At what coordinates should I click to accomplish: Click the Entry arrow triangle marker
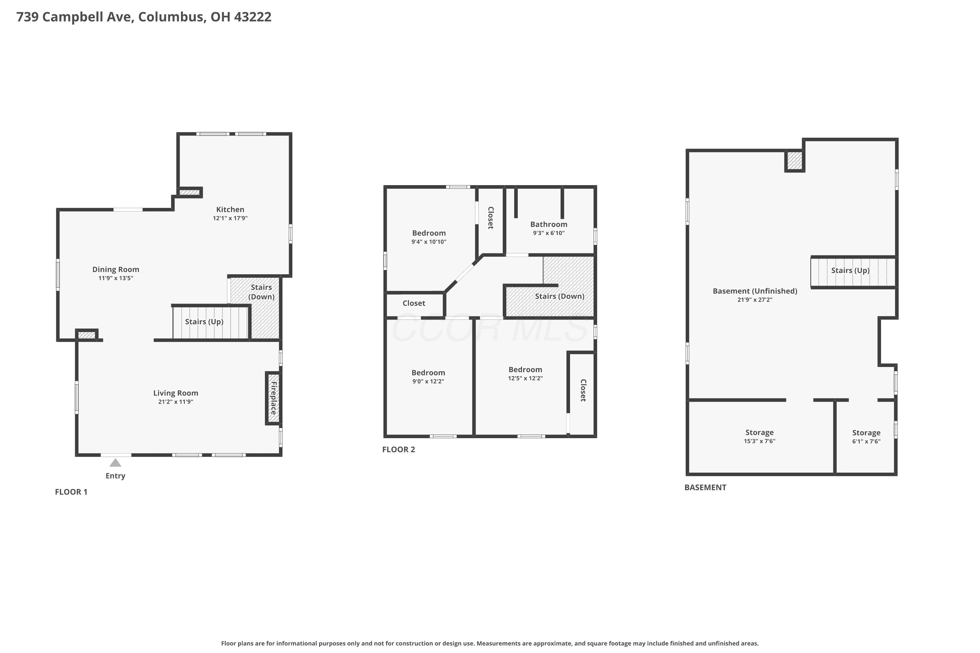[x=115, y=463]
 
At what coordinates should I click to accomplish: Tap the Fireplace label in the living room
[x=274, y=398]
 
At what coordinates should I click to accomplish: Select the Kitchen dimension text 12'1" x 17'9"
[x=230, y=218]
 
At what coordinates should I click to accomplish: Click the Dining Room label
[x=116, y=269]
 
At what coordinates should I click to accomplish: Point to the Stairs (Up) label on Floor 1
[x=204, y=322]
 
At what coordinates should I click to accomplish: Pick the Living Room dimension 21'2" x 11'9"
[x=176, y=402]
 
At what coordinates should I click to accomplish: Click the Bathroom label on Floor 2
[x=549, y=225]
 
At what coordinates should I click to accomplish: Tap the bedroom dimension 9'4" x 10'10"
[x=429, y=242]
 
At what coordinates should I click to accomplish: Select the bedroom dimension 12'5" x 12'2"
[x=525, y=378]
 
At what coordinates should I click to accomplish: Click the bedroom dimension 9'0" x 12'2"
[x=428, y=381]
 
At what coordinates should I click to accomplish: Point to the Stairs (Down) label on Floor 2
[x=560, y=296]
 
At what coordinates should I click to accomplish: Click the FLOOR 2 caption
[x=399, y=449]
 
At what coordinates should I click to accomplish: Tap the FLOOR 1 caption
[x=71, y=492]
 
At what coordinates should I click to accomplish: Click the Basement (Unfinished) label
[x=755, y=291]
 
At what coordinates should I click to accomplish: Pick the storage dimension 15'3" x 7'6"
[x=759, y=441]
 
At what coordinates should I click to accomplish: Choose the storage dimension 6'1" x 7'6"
[x=866, y=441]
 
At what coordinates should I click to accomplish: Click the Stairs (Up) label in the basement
[x=850, y=271]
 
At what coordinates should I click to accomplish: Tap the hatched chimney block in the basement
[x=794, y=161]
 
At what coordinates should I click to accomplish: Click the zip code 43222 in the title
[x=253, y=17]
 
